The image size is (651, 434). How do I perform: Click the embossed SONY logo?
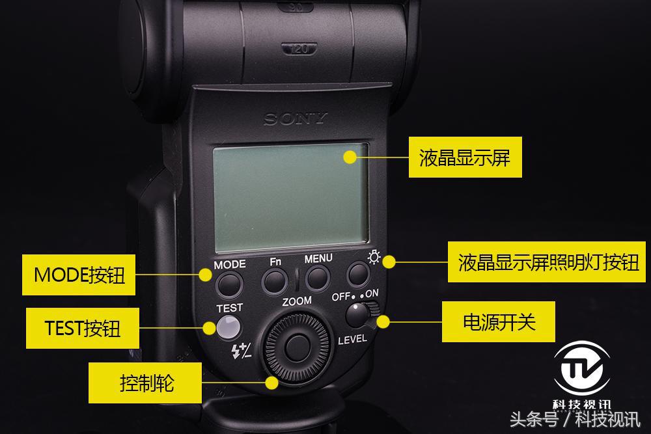point(295,119)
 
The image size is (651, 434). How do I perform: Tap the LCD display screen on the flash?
point(291,196)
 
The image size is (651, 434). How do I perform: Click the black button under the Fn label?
point(275,281)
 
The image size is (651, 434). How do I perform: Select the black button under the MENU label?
point(316,278)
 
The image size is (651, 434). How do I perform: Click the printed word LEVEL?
point(352,339)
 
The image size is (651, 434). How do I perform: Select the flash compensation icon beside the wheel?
point(241,352)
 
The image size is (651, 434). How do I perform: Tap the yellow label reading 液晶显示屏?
point(465,157)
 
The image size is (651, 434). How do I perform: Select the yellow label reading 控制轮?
point(145,383)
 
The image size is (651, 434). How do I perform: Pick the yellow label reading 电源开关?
point(498,321)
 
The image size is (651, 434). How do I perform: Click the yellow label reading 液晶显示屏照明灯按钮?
point(548,263)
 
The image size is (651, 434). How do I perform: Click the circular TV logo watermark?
point(581,372)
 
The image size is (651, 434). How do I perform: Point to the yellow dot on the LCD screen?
point(350,156)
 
